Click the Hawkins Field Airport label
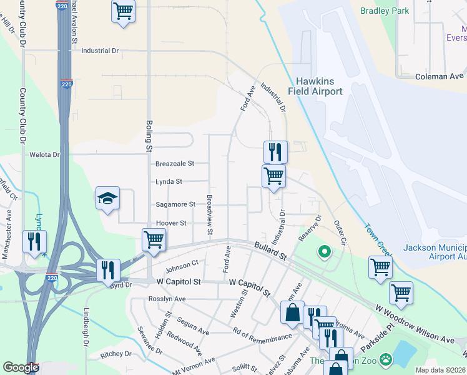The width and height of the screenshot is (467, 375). point(319,86)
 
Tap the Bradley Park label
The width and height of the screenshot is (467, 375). point(385,11)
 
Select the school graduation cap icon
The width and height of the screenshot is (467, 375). point(107,199)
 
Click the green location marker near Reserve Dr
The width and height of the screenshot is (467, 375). point(324,252)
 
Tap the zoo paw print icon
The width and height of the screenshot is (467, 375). point(386,359)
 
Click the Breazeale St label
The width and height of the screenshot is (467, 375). point(175,163)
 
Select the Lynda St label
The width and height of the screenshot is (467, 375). point(169,182)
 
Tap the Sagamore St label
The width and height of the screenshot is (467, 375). point(175,204)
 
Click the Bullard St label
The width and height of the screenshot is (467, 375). point(270,252)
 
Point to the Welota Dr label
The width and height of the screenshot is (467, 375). point(44,154)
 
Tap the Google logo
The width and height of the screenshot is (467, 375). point(21,367)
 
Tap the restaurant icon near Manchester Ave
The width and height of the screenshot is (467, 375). point(33,241)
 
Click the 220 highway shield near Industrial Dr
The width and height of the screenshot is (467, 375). point(66,84)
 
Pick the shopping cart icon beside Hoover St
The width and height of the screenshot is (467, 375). point(154,239)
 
